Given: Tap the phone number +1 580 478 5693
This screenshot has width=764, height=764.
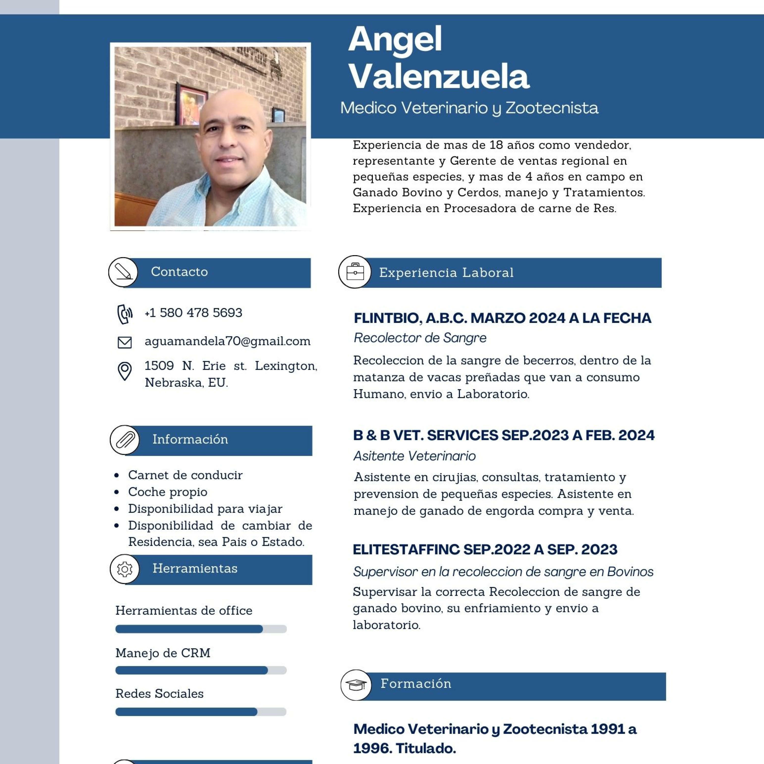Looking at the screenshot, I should [193, 313].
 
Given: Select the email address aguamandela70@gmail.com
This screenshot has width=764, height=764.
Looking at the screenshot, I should [227, 341].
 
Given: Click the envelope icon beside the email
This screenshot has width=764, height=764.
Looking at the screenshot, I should [125, 342].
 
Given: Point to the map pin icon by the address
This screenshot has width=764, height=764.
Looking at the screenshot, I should [125, 371].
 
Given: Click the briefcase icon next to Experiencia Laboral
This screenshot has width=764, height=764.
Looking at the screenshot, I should [355, 272].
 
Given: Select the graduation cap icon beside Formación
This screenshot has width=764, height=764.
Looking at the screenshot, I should [356, 685].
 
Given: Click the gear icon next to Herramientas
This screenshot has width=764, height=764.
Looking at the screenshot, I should [125, 569].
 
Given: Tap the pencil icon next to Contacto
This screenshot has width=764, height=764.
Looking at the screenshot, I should [123, 272].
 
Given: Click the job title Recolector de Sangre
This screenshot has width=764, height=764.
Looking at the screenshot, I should [420, 338].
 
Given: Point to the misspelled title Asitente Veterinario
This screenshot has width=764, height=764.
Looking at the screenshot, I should [414, 456].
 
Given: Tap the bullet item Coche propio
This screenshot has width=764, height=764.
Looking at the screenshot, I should [167, 492].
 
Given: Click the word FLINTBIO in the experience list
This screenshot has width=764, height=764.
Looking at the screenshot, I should [386, 318].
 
